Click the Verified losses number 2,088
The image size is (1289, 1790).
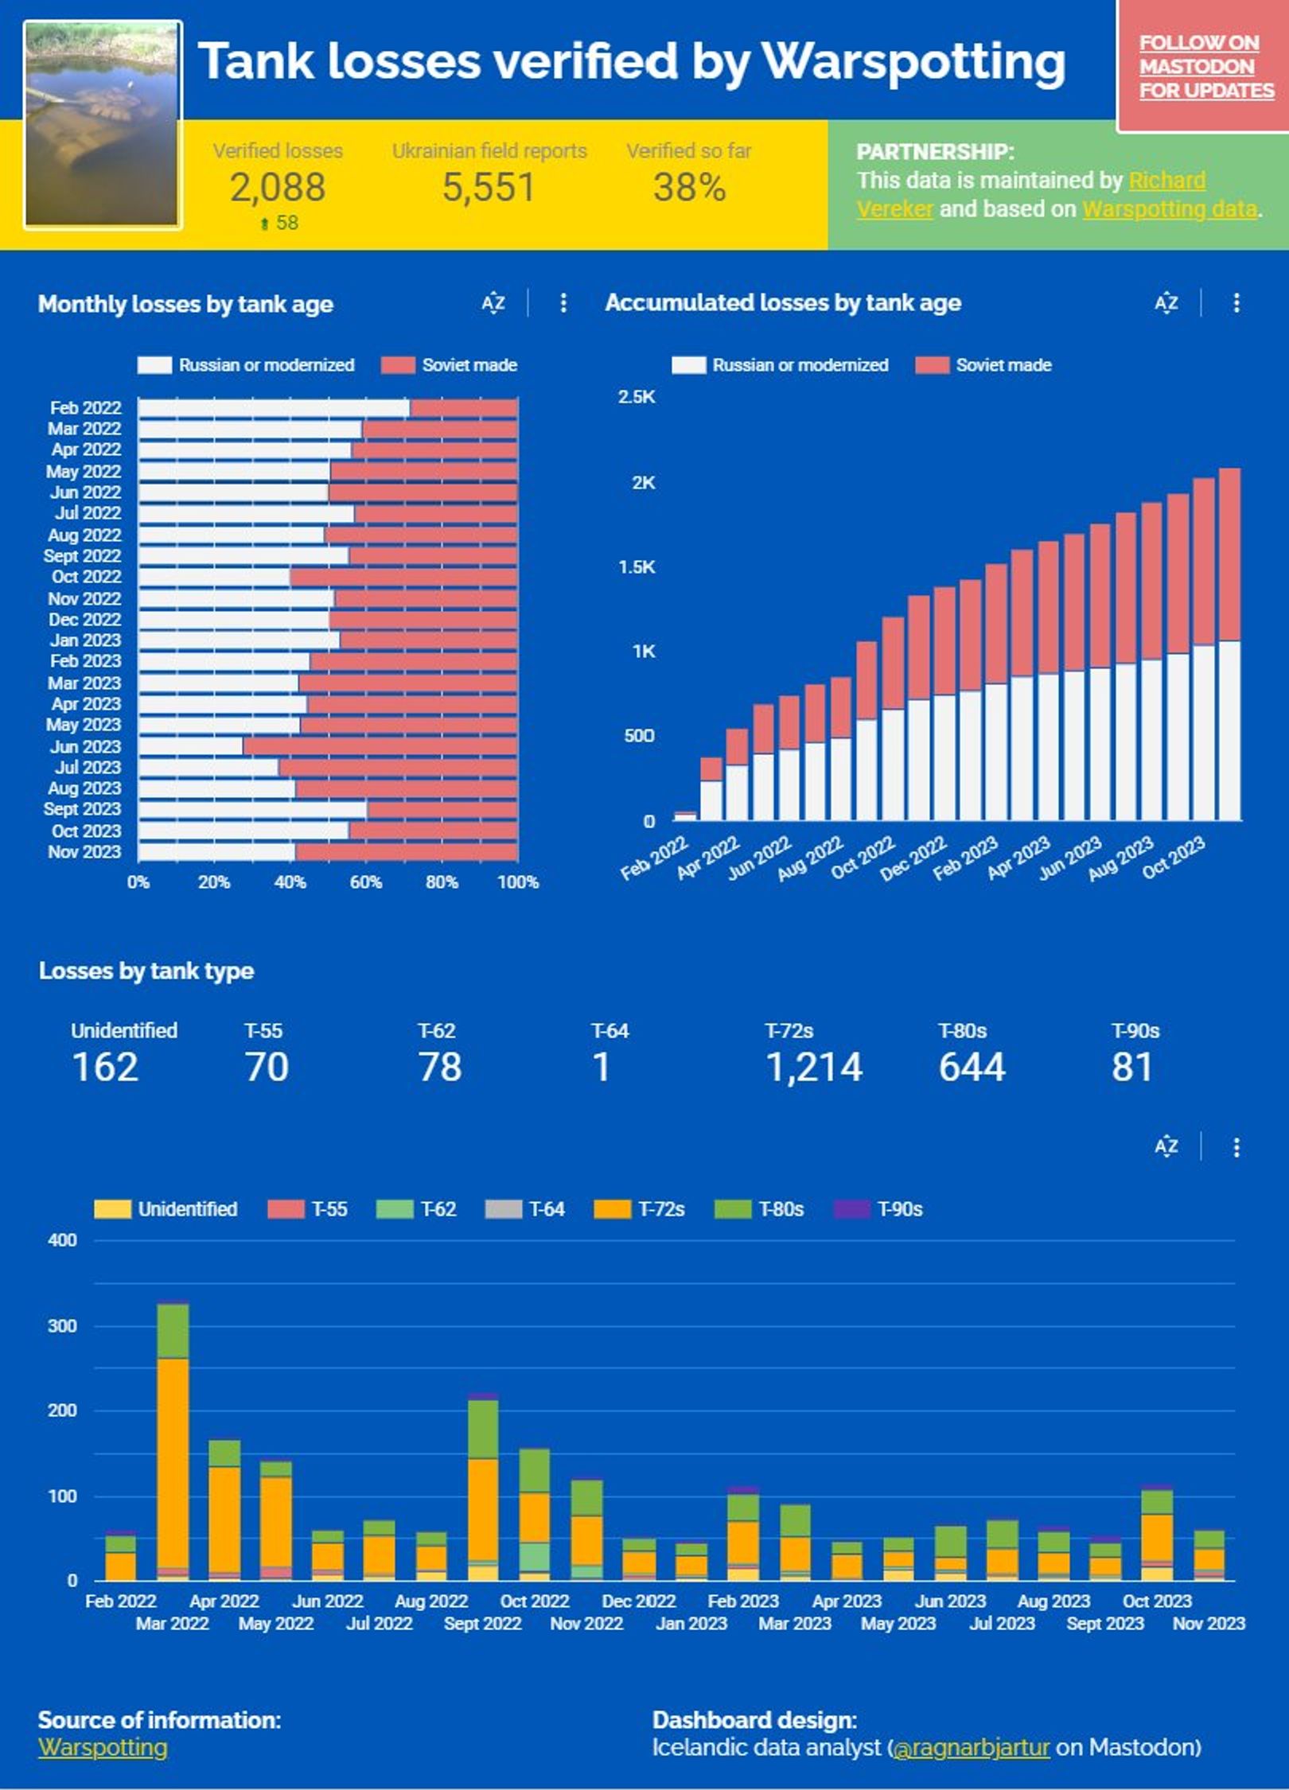(x=278, y=188)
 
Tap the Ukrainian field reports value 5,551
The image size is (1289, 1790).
(x=489, y=188)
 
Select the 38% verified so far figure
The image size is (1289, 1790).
(x=689, y=188)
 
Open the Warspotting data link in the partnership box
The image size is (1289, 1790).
(x=1170, y=209)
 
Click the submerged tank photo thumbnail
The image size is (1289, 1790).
(x=103, y=125)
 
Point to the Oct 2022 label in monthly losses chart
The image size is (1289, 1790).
(x=86, y=577)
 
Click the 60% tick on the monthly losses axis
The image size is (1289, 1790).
(x=366, y=882)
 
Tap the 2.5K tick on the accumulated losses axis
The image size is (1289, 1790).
(x=637, y=397)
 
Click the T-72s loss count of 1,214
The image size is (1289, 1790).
(x=813, y=1068)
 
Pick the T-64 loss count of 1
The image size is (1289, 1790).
(x=602, y=1068)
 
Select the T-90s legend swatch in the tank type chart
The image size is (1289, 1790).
(x=851, y=1209)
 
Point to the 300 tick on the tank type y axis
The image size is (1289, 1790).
(x=63, y=1326)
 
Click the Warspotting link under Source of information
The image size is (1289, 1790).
(x=103, y=1747)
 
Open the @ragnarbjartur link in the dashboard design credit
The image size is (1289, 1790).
(x=972, y=1747)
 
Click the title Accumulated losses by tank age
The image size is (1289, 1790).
(x=783, y=303)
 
